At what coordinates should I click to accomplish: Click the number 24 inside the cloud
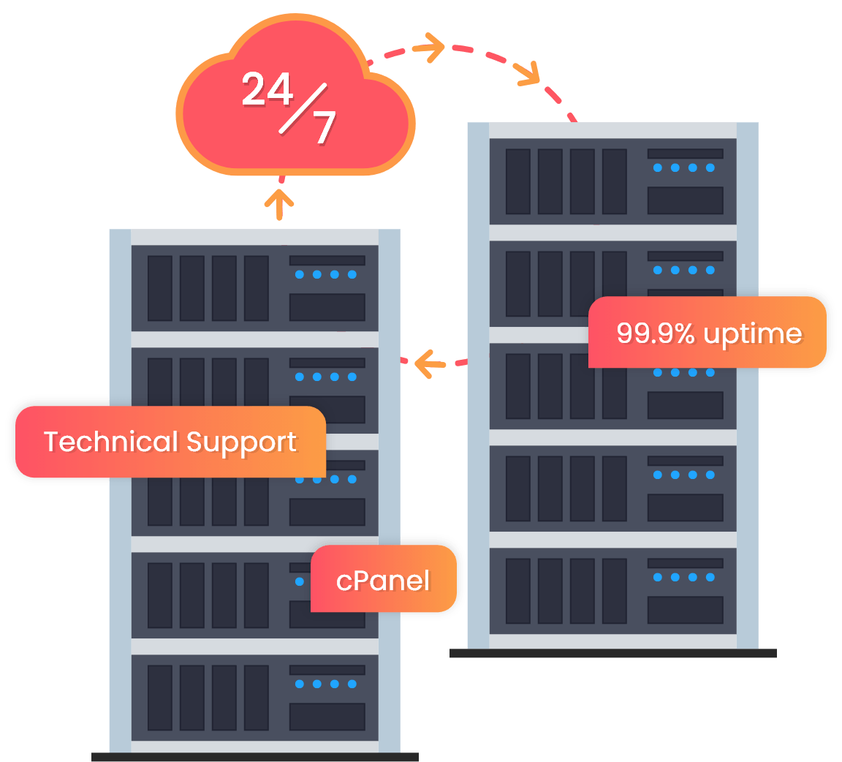pos(268,90)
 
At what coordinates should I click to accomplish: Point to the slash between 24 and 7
pos(297,110)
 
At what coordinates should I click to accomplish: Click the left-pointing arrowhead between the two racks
pos(422,362)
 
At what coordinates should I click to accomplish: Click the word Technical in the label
pos(110,442)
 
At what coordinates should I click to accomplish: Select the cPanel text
pos(383,581)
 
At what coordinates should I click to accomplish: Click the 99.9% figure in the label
pos(655,333)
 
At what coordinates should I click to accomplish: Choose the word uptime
pos(753,334)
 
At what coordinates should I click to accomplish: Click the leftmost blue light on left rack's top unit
pos(299,275)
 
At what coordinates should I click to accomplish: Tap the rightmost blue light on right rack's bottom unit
pos(710,578)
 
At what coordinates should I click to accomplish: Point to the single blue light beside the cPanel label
pos(300,581)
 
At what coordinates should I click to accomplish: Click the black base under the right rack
pos(612,653)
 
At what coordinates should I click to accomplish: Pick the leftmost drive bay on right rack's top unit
pos(518,181)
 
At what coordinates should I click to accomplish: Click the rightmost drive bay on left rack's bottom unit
pos(257,698)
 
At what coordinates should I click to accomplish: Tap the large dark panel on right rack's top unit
pos(685,200)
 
